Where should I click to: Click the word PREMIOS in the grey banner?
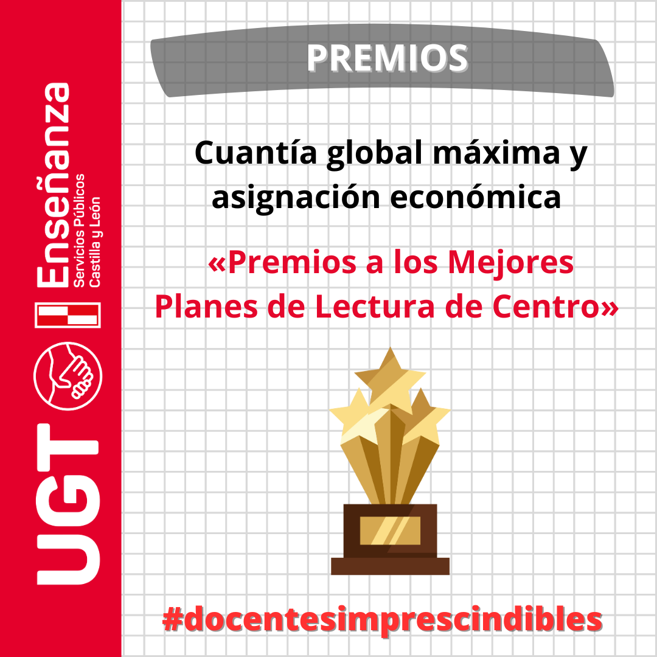(387, 58)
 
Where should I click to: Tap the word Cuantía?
(256, 153)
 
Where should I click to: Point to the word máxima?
(496, 153)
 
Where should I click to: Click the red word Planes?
(207, 306)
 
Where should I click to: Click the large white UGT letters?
(68, 504)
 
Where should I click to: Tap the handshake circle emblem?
(68, 376)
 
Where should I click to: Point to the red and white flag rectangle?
(68, 315)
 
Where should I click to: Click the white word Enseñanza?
(53, 185)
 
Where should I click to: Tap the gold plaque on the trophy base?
(390, 530)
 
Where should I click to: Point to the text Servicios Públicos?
(78, 231)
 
